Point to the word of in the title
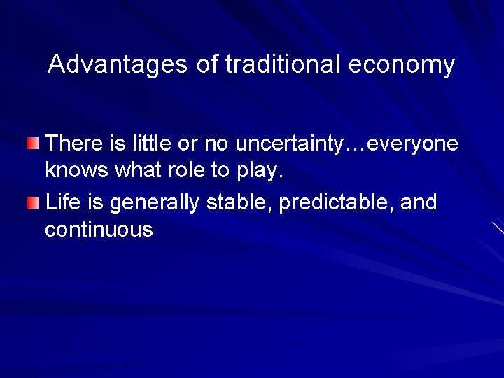206,64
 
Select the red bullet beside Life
34,204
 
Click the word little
141,143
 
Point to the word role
178,170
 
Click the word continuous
99,229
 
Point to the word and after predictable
419,202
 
